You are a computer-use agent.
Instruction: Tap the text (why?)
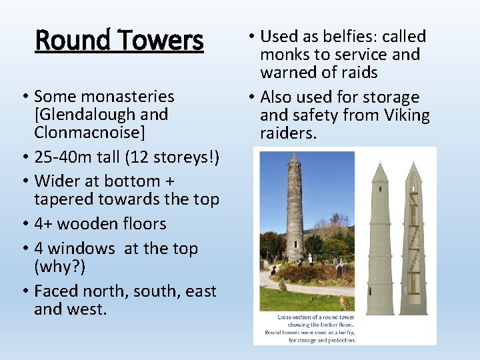tap(59, 267)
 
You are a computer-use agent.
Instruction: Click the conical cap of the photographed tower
tap(294, 159)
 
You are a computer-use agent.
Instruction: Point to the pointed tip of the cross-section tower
tap(413, 163)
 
